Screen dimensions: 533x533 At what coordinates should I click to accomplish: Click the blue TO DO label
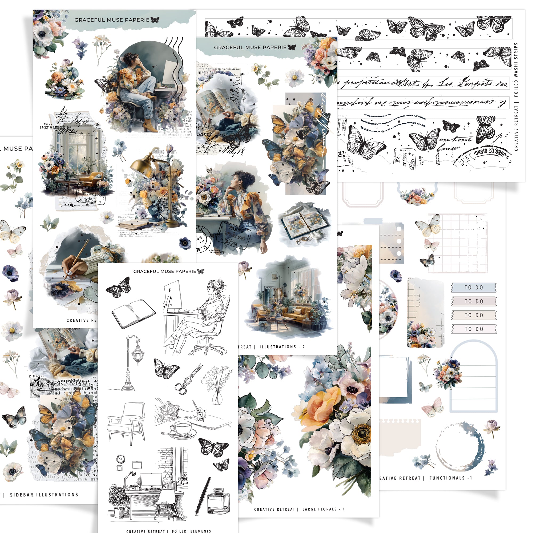[473, 288]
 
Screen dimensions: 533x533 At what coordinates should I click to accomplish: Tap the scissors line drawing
[188, 379]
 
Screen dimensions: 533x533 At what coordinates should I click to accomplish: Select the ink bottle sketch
[218, 501]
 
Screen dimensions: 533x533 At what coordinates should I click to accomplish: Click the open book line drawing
[134, 314]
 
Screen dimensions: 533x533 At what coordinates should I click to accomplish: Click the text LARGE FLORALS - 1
[323, 509]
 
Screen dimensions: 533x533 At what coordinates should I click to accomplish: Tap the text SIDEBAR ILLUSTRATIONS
[44, 495]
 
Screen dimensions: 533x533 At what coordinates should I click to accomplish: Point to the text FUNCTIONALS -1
[450, 478]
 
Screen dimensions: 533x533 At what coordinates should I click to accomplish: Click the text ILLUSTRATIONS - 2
[282, 347]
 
